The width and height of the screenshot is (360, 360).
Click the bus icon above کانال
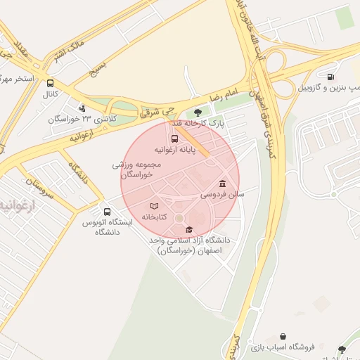coord(49,83)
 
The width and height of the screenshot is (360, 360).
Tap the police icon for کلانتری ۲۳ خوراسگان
coord(83,108)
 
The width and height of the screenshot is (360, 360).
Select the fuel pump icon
coord(330,77)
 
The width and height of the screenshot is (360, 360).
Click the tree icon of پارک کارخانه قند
coord(198,112)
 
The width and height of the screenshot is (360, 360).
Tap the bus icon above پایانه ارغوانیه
coord(175,139)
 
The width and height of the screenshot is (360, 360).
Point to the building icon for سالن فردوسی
coord(222,182)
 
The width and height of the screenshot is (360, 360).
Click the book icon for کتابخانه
coord(154,206)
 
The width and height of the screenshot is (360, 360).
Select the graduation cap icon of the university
coord(188,229)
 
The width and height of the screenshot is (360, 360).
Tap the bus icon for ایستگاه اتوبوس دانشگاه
coord(107,211)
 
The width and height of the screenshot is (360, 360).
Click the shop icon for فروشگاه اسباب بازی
coord(283,337)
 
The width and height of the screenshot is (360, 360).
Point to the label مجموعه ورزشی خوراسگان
coord(137,169)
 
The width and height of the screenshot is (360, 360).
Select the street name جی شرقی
coord(156,110)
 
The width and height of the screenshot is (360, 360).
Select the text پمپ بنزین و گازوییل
coord(330,88)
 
